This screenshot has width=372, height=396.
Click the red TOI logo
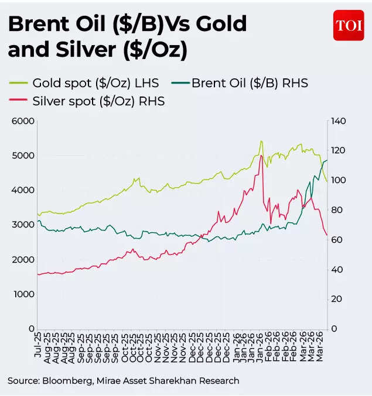coord(349,25)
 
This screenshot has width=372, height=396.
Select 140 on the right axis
coord(339,121)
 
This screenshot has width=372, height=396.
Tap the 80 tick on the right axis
coord(336,210)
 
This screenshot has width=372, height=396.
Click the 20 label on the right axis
coord(336,299)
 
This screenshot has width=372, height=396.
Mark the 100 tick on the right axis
coord(339,180)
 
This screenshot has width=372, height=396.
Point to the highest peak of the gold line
coord(261,141)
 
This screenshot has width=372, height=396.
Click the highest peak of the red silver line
coord(261,156)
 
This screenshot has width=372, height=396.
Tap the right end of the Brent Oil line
coord(327,160)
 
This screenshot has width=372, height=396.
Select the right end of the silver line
coord(327,235)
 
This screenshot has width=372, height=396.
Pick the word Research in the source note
coord(218,381)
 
